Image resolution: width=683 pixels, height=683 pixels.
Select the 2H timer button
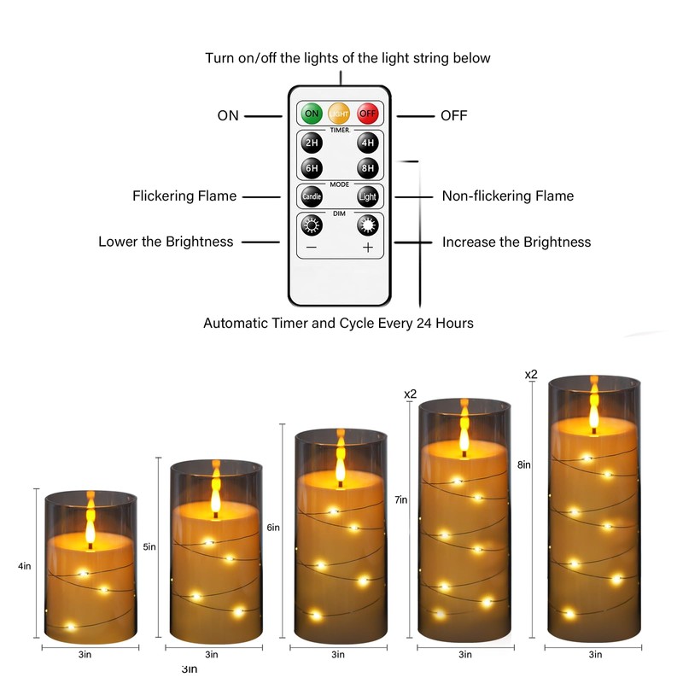click(x=312, y=143)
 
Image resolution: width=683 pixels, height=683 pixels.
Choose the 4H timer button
click(x=368, y=143)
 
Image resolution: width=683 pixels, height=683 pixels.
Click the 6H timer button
click(x=312, y=167)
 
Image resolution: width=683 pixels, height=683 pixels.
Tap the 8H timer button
click(x=368, y=167)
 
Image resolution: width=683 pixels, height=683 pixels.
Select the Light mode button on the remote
click(x=367, y=196)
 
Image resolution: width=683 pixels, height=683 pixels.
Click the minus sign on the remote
click(x=312, y=248)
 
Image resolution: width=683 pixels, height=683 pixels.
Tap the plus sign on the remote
click(x=368, y=248)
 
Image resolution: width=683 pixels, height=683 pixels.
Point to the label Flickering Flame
click(x=184, y=196)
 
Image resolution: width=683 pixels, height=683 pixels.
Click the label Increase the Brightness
click(x=517, y=242)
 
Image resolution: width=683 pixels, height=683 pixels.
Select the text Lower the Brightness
click(x=166, y=242)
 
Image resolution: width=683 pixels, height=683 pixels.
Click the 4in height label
click(x=26, y=566)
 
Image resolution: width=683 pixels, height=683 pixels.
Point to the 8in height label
click(x=523, y=464)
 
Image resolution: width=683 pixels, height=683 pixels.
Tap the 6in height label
click(x=273, y=528)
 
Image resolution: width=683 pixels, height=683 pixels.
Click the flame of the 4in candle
click(x=90, y=522)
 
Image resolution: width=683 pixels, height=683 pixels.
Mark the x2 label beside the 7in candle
click(x=410, y=394)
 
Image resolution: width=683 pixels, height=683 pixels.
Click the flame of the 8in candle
click(x=593, y=406)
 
